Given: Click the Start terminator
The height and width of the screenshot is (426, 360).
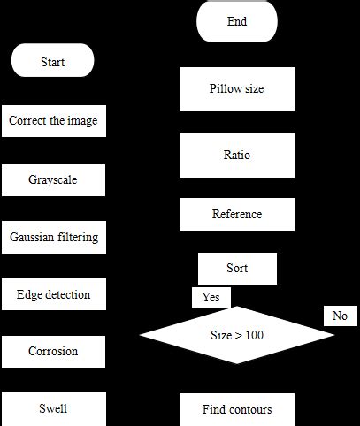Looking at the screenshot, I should tap(52, 62).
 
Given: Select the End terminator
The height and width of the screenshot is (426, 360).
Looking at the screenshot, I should tap(236, 20).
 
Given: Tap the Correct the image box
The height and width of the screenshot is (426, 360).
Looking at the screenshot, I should tap(53, 121).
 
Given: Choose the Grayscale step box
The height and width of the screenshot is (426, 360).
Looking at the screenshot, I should tap(53, 179).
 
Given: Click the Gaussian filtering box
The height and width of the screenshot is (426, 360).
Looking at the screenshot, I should tap(53, 237).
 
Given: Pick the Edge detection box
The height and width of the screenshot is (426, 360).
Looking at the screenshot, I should tap(53, 294).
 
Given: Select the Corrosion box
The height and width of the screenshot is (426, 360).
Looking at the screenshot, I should tap(53, 351).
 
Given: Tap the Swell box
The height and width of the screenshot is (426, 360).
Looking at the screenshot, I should tap(53, 409).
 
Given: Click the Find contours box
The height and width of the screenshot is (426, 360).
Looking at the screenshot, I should tap(237, 409).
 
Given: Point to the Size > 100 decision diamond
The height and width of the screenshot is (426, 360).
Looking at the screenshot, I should tap(237, 335).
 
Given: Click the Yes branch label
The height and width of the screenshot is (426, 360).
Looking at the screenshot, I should tap(211, 297).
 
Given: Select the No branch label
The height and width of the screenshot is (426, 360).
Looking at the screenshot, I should tap(340, 316).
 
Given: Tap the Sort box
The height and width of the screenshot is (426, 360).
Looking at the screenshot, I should tap(237, 268).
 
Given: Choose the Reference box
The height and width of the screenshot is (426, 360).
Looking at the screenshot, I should tap(237, 214).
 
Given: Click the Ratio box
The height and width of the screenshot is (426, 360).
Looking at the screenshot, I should tap(237, 156).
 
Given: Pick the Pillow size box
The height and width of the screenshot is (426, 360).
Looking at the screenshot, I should tap(237, 89).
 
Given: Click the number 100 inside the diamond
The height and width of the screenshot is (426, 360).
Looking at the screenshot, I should tap(254, 336).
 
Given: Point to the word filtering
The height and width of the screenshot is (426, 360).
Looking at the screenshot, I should tap(75, 237).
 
